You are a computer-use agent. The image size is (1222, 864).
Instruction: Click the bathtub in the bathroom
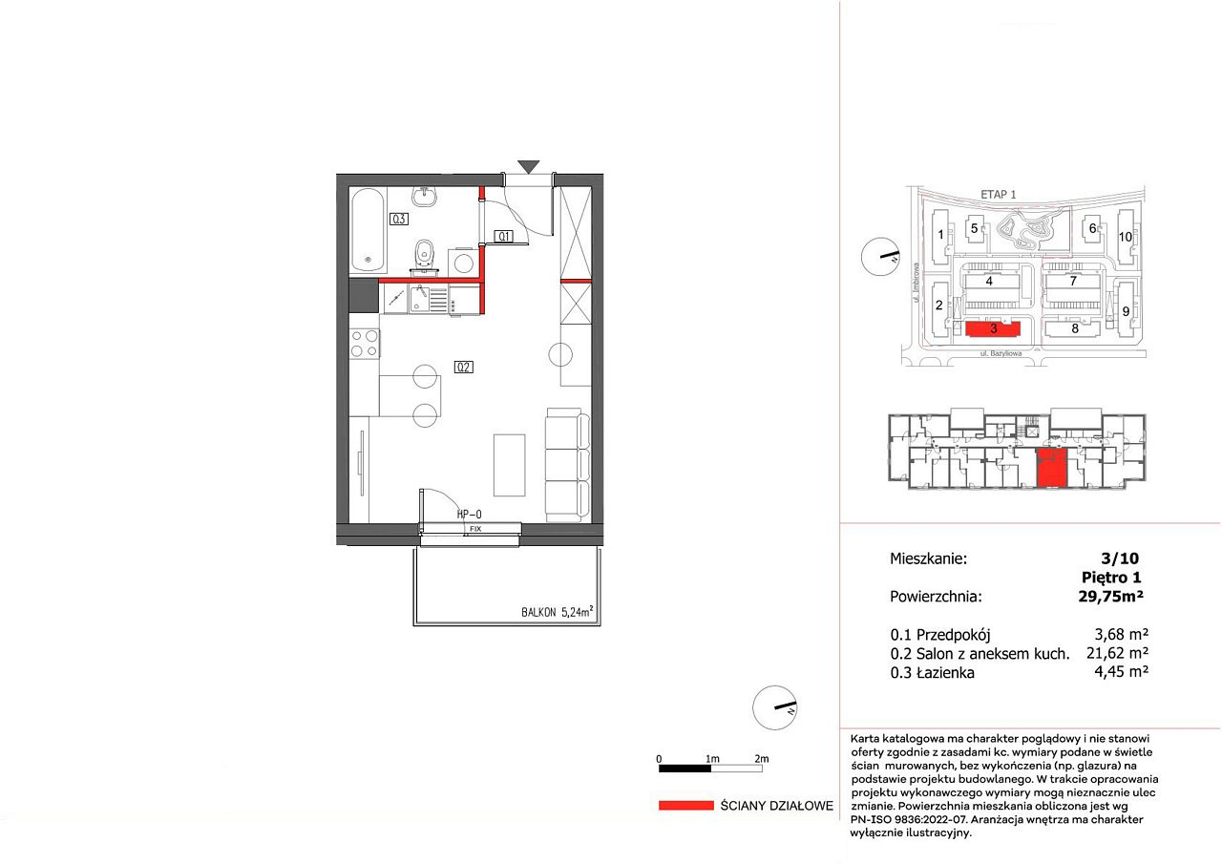coord(369,231)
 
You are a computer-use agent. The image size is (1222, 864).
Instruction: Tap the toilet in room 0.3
coord(423,258)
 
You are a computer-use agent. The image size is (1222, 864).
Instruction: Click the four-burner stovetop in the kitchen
coord(365,343)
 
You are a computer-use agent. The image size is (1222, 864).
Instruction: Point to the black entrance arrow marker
coord(529,167)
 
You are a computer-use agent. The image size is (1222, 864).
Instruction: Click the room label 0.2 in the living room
coord(463,368)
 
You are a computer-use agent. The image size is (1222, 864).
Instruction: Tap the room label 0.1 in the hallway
coord(503,236)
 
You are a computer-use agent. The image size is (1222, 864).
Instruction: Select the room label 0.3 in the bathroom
coord(399,219)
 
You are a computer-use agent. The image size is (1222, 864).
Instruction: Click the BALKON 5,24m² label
coord(557,611)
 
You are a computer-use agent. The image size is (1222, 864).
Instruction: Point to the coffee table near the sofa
coord(510,465)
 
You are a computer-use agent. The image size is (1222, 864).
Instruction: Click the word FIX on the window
coord(475,529)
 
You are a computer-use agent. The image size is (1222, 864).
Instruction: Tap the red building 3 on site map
coord(993,329)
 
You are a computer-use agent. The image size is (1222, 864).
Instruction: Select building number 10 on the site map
coord(1126,237)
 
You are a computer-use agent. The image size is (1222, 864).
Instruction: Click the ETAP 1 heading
coord(999,194)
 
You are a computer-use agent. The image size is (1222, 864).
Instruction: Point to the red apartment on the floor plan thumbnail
coord(1051,468)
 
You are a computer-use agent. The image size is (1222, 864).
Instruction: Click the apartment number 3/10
coord(1120,558)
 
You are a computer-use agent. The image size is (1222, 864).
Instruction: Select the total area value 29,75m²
coord(1110,596)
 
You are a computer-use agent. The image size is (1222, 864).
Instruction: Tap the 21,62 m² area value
coord(1117,653)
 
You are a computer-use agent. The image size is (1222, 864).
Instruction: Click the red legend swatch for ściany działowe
coord(686,806)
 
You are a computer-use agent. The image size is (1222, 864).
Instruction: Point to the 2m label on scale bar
coord(762,759)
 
